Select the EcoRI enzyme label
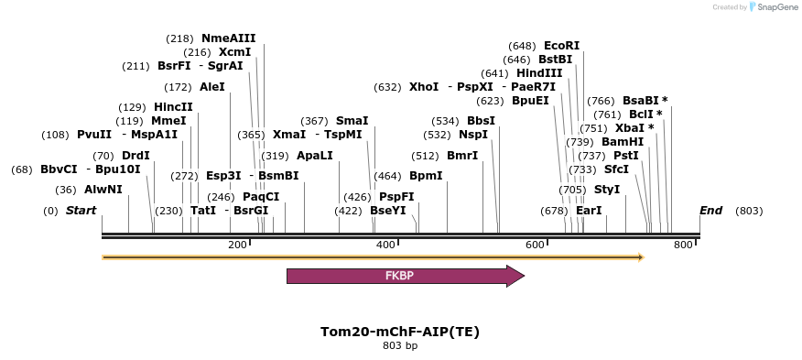pos(561,46)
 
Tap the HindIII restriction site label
pos(539,73)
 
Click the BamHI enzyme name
pos(623,142)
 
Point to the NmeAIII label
pos(228,38)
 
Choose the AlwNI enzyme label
pos(103,190)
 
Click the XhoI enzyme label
pos(424,87)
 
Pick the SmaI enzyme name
pos(352,121)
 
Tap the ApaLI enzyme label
pos(315,156)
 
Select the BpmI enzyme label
pos(426,176)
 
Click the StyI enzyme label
pos(607,190)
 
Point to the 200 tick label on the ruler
pos(237,245)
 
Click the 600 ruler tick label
pos(535,245)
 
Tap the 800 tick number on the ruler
pos(683,245)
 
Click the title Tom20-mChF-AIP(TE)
pos(400,332)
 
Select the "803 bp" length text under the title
pos(400,346)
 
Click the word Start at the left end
pos(81,211)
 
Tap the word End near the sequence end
pos(710,211)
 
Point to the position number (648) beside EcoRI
pos(522,46)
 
